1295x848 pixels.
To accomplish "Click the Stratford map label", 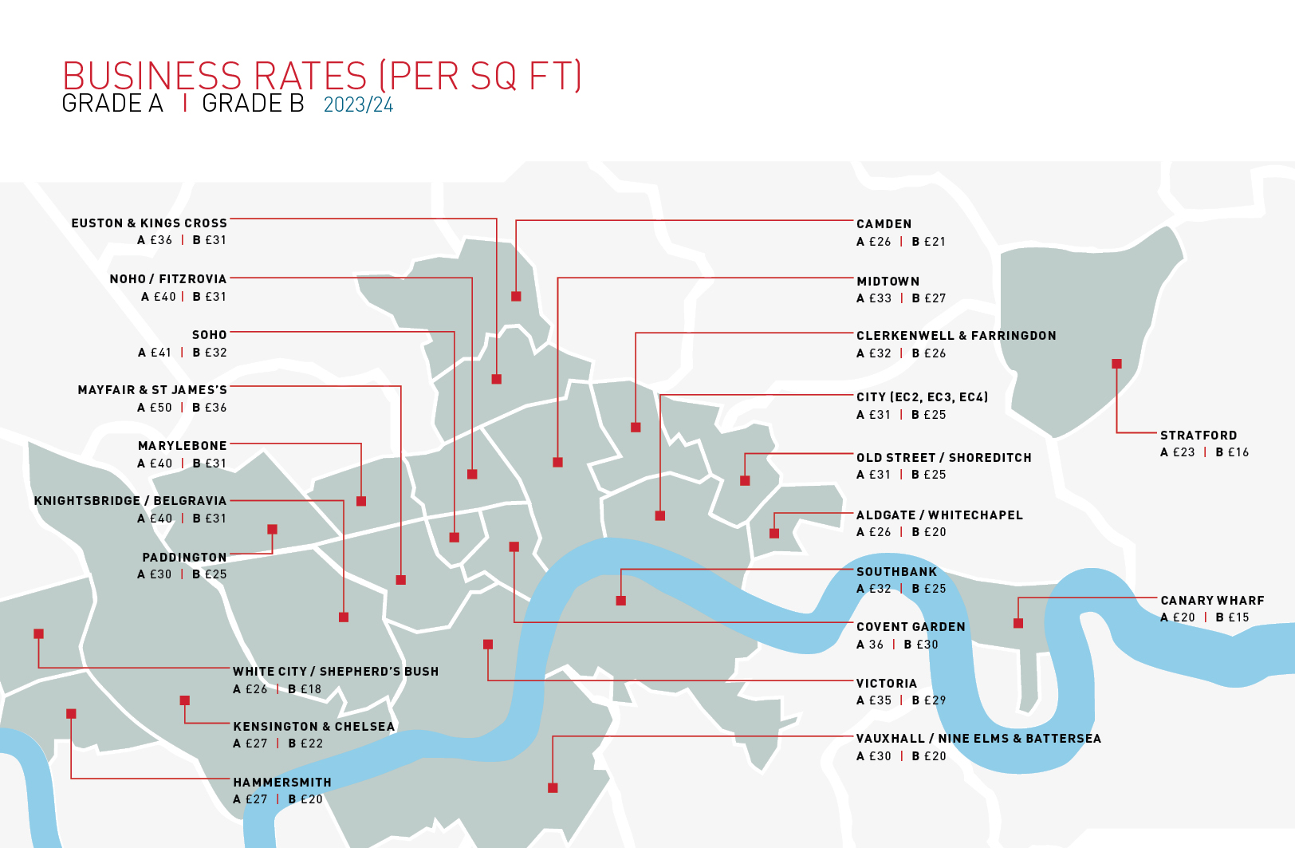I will (1198, 436).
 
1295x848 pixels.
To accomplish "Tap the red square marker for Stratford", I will (1116, 364).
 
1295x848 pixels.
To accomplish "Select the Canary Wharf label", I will (1212, 601).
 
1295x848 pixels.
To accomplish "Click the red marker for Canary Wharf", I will (1018, 623).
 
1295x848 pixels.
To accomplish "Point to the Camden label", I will (884, 224).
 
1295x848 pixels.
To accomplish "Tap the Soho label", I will (209, 335).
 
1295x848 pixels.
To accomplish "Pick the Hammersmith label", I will (281, 783).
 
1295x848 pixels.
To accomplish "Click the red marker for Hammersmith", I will (71, 714).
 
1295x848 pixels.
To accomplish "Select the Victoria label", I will (886, 684).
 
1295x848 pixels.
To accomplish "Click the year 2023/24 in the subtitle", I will (358, 105).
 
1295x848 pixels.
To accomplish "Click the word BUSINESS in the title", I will (152, 77).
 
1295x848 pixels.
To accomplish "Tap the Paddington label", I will (184, 558).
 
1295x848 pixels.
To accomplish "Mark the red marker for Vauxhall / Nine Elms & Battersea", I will (553, 788).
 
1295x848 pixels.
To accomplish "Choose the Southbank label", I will (896, 572).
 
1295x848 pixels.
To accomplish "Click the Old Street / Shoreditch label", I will (943, 458).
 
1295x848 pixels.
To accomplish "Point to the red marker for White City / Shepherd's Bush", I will (38, 634).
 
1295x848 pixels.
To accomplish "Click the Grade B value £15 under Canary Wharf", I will (1233, 617).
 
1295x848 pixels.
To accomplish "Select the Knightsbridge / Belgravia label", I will (130, 501).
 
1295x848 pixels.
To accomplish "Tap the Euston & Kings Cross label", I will (149, 223).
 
